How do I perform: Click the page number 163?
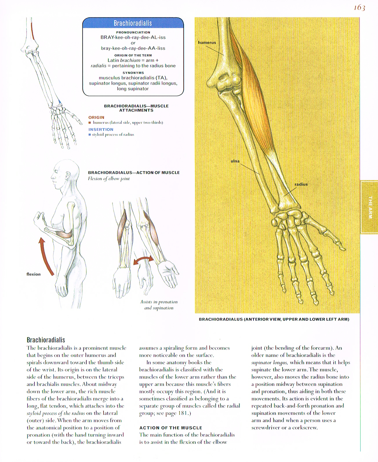[359, 8]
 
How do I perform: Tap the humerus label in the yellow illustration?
[207, 43]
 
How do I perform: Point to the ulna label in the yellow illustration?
[235, 161]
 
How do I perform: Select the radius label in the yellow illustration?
[301, 184]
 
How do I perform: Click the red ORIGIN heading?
[96, 117]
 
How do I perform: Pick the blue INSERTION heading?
[101, 130]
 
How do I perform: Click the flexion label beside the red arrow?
[34, 274]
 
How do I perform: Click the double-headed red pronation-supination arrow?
[143, 260]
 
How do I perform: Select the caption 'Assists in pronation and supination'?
[159, 305]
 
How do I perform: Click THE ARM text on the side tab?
[370, 207]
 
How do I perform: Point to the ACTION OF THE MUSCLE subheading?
[171, 428]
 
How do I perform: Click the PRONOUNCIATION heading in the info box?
[133, 32]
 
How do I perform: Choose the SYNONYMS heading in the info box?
[133, 73]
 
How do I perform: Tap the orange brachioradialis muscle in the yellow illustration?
[255, 96]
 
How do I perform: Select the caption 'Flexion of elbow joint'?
[109, 179]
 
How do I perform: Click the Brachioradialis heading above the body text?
[46, 340]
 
